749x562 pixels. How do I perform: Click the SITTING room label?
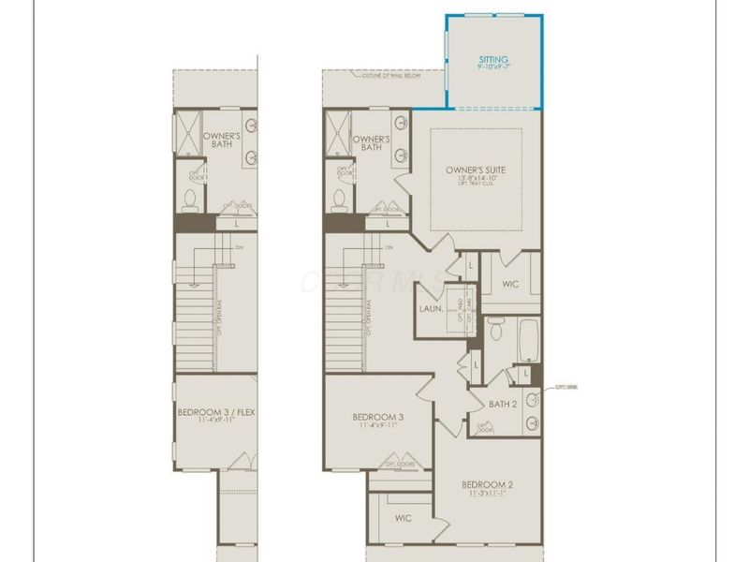point(493,58)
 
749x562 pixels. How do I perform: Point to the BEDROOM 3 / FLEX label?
point(215,411)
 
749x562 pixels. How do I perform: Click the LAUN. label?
point(432,307)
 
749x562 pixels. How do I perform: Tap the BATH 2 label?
point(504,404)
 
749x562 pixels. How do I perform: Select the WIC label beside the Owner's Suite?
point(510,284)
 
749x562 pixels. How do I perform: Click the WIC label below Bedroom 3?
point(404,517)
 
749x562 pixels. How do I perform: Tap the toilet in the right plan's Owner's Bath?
point(340,200)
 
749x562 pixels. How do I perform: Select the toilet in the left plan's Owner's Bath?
point(190,200)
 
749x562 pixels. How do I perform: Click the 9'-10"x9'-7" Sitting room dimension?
point(493,67)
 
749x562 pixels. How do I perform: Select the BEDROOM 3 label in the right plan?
point(378,417)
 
